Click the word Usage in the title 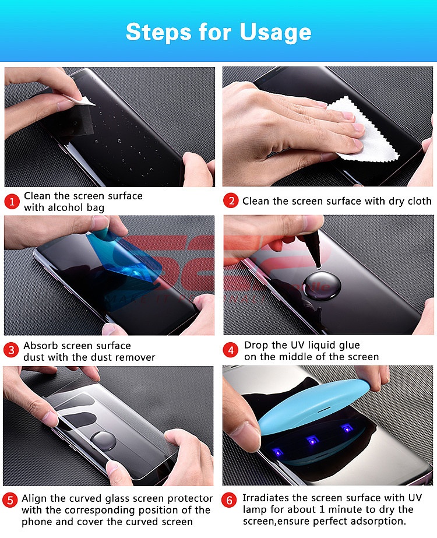[276, 33]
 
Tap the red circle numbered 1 [12, 202]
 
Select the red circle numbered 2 [231, 201]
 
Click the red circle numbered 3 [11, 350]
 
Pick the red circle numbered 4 [231, 350]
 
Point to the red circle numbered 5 [10, 500]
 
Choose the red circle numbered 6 [229, 500]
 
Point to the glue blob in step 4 [322, 285]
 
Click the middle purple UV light [312, 440]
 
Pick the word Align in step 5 [34, 499]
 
